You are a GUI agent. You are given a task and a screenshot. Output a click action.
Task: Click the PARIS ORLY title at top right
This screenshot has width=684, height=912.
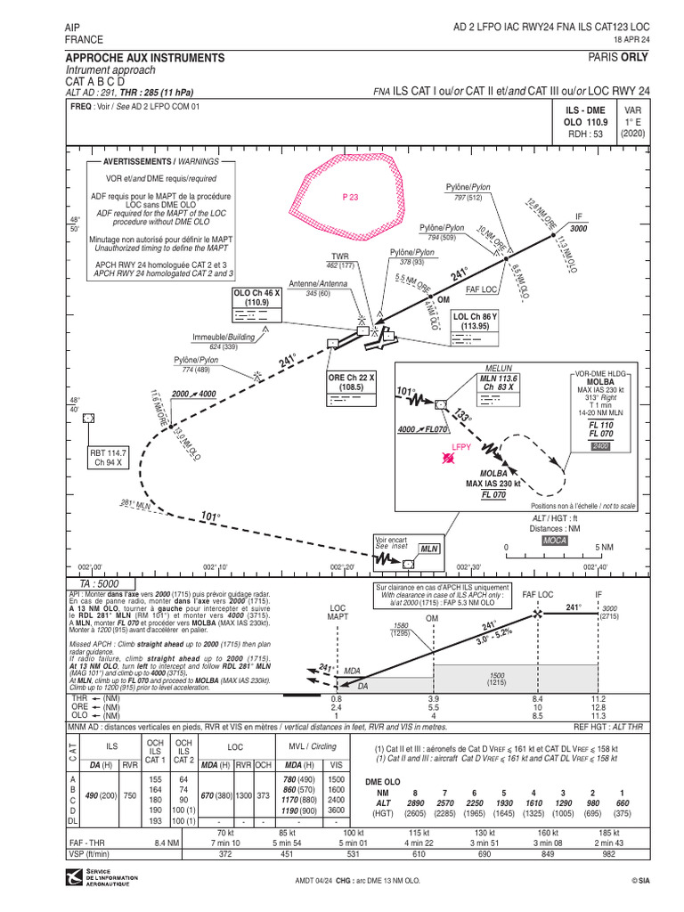(x=618, y=57)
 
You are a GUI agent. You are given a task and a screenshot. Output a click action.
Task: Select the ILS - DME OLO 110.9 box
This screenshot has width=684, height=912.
(x=585, y=120)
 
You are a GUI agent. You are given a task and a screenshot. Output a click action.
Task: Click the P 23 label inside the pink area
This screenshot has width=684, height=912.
(x=350, y=198)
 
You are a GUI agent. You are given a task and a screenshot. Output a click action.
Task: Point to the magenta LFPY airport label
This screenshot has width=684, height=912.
(x=460, y=447)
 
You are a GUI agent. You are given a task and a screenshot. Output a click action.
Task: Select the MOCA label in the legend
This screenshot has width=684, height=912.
(x=555, y=540)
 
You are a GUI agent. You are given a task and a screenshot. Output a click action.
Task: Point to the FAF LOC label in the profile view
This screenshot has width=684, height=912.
(x=538, y=594)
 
